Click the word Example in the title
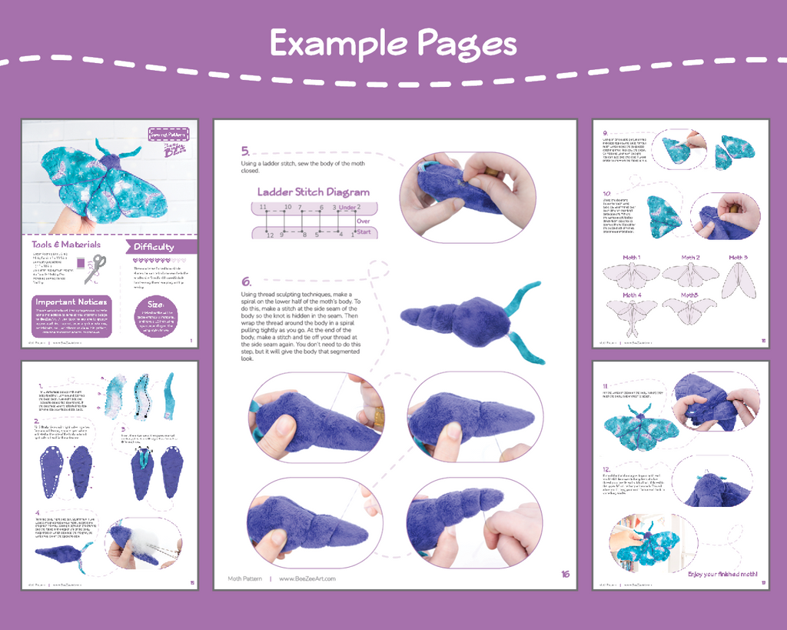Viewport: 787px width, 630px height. (x=337, y=43)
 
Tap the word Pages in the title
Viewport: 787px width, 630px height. (x=467, y=43)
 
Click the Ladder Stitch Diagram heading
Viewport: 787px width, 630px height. (x=313, y=192)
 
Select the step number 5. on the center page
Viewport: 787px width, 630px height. (x=245, y=151)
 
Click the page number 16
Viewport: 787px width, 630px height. (x=566, y=574)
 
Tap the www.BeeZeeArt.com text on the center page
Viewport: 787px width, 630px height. (x=307, y=578)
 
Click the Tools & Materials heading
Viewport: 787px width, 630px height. (x=66, y=245)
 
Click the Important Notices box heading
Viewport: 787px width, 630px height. (x=71, y=302)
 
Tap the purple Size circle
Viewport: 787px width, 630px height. (x=156, y=317)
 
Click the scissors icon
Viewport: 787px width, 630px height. (x=95, y=269)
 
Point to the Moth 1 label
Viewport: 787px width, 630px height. (x=631, y=258)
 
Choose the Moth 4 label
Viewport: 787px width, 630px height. (x=632, y=295)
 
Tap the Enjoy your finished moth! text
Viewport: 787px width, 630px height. (x=722, y=574)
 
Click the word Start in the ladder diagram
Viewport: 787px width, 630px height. (x=364, y=231)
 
